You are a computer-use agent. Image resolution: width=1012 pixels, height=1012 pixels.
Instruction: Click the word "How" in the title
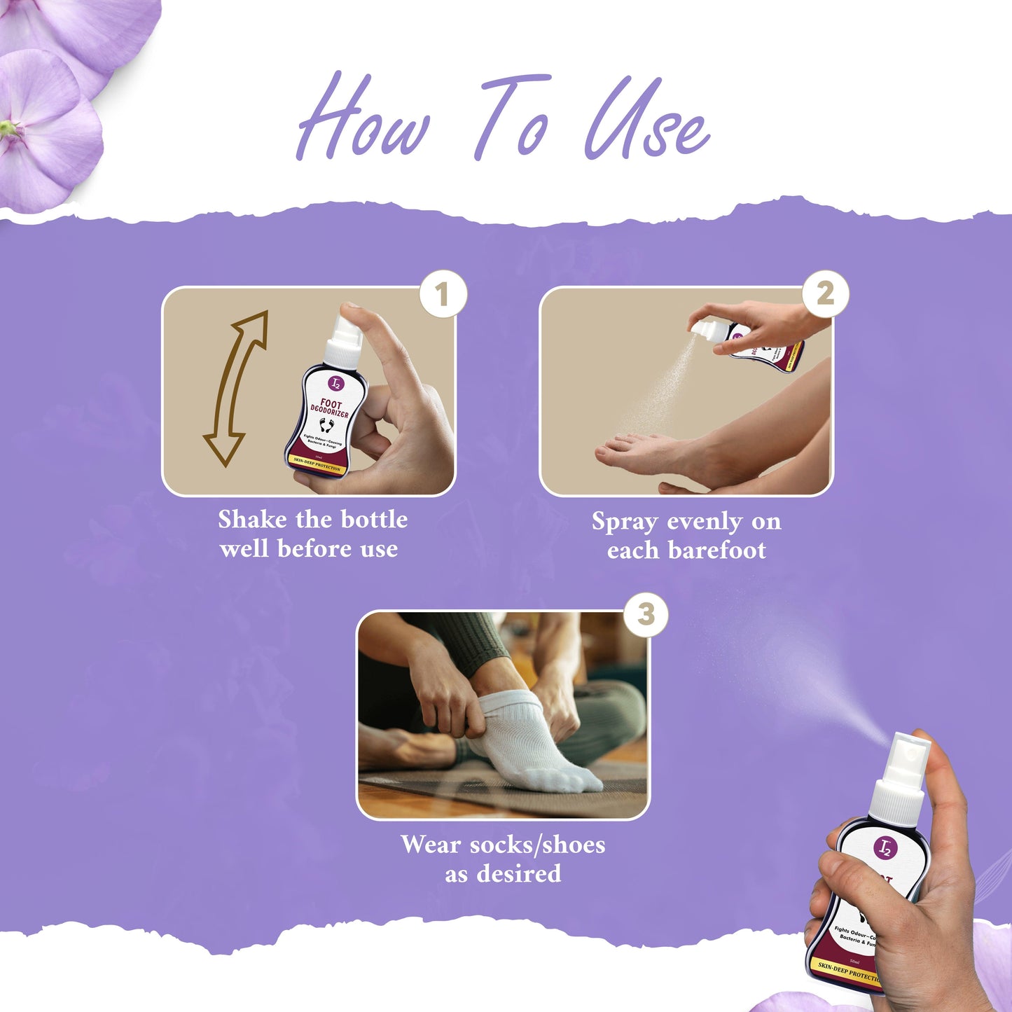(362, 119)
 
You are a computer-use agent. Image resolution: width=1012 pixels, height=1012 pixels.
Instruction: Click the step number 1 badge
(443, 295)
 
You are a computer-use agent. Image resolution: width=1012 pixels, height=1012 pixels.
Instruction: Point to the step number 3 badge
(646, 615)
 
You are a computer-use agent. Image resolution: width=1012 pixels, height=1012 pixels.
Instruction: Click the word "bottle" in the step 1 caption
(375, 520)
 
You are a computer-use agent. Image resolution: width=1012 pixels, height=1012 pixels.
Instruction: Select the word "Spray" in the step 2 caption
(625, 522)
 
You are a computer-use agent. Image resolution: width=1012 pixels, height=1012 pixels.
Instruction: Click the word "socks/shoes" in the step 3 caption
(537, 845)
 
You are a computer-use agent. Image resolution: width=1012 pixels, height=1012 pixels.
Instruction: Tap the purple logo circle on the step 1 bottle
(337, 383)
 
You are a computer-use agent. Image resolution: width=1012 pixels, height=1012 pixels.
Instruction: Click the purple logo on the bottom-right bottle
(885, 848)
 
